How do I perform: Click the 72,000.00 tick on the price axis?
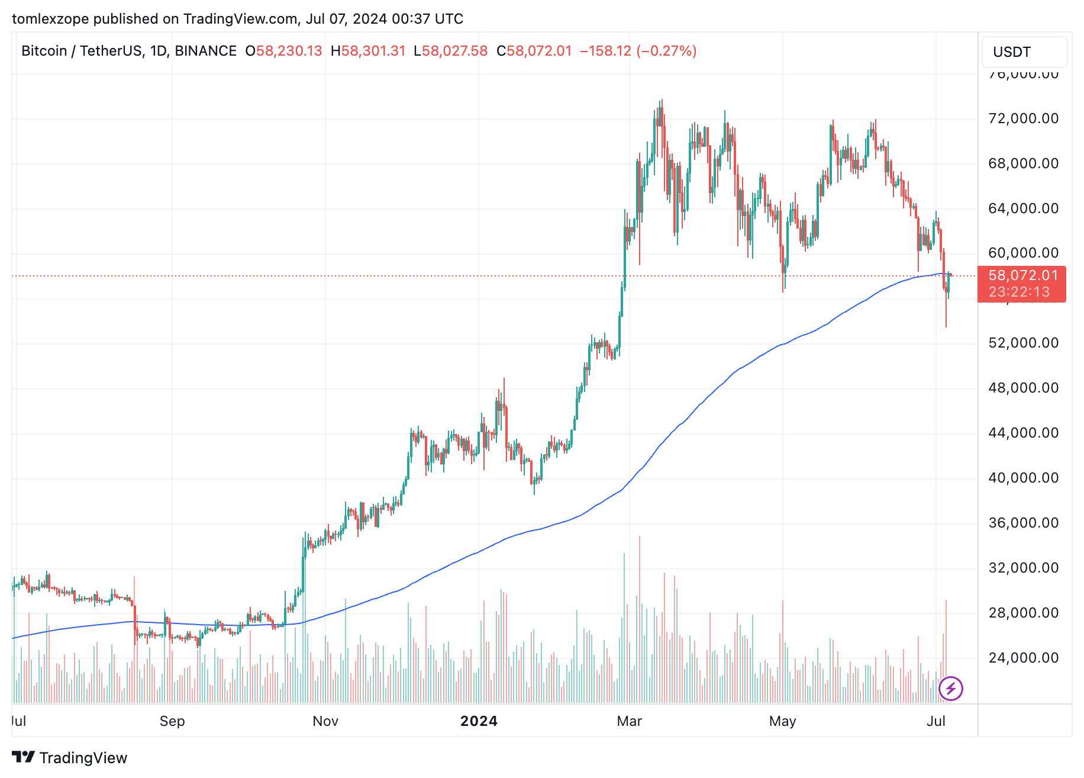click(1023, 118)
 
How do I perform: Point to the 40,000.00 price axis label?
click(1023, 478)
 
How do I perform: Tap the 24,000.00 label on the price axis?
click(1023, 658)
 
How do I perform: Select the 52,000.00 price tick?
click(1023, 343)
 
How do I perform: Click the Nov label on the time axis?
click(325, 721)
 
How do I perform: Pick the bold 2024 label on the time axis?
click(479, 721)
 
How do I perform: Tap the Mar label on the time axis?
click(629, 721)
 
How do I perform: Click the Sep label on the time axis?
click(172, 721)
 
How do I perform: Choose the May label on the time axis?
click(782, 721)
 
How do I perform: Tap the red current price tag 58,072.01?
click(1023, 275)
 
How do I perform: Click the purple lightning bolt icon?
click(951, 689)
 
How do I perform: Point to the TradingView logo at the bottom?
click(70, 758)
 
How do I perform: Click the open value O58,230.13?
click(284, 51)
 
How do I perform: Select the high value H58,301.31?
click(368, 51)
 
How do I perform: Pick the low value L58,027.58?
click(451, 51)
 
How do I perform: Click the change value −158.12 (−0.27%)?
click(638, 51)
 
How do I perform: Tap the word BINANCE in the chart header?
click(205, 51)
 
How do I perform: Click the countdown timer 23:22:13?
click(1019, 292)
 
